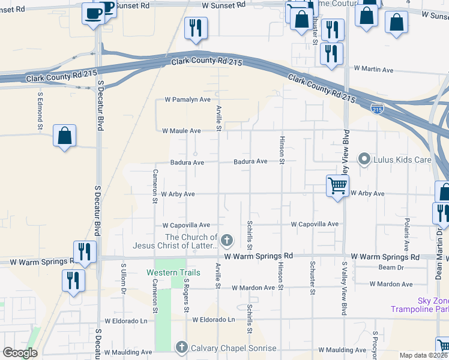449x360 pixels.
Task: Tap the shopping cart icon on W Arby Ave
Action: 337,186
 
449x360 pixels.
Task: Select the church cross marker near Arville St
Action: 226,241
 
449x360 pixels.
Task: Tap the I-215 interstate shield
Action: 377,109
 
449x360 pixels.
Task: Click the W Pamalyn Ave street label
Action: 187,100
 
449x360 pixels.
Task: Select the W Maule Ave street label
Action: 181,131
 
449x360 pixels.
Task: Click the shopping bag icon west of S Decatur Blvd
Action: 64,136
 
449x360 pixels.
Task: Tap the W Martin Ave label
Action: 373,70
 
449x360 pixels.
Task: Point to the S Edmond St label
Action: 40,110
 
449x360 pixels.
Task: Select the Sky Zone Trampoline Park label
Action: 433,305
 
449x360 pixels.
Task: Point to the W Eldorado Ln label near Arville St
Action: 213,320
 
